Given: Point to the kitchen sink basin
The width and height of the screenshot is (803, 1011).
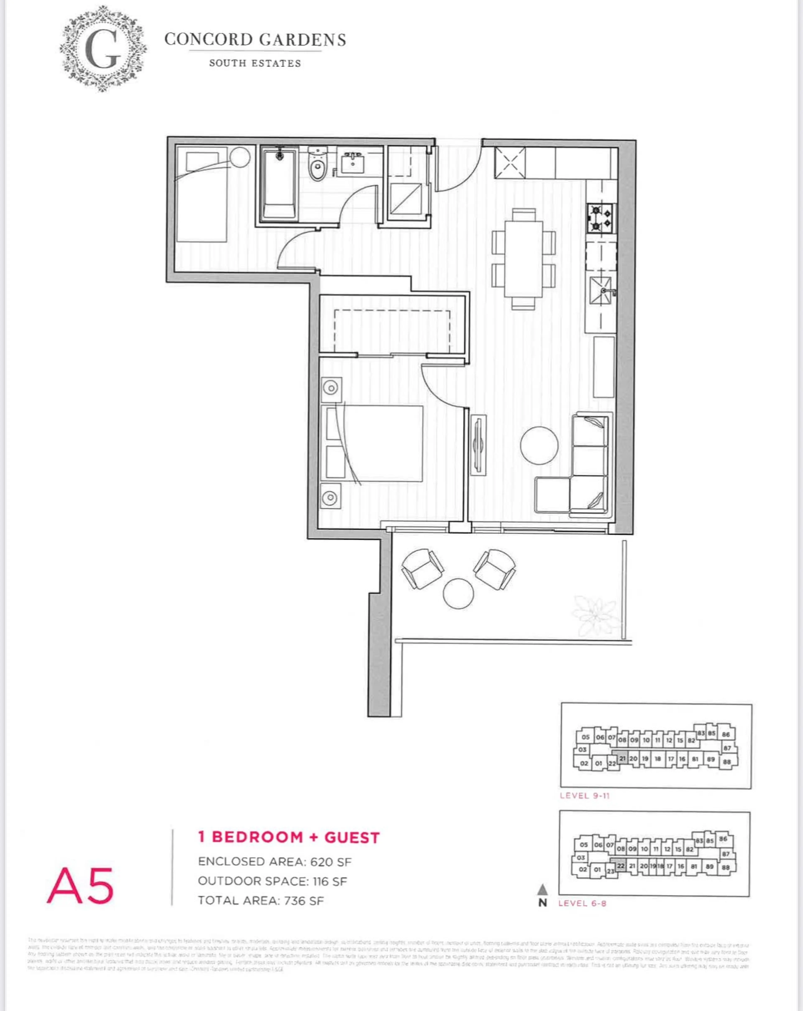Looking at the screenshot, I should point(601,291).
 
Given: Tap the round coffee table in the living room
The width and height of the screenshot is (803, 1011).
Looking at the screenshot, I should point(539,445).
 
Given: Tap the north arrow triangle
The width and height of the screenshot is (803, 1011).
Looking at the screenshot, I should point(542,889).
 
